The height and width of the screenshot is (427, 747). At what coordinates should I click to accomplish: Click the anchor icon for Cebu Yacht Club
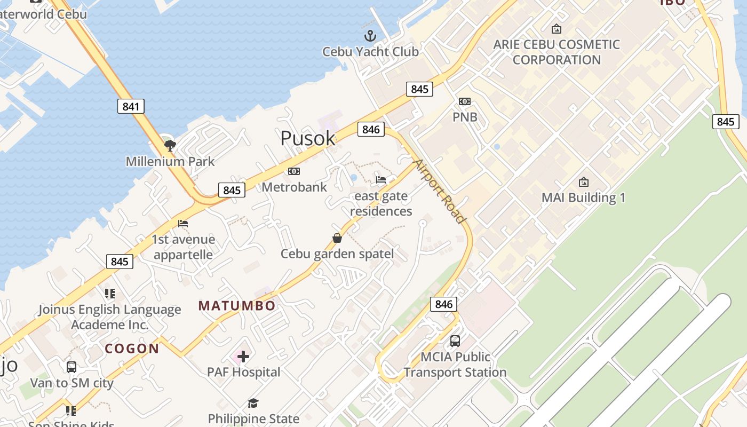click(370, 36)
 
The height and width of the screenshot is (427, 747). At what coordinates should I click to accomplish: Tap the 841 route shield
click(131, 106)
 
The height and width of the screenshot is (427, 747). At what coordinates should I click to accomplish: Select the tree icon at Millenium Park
click(170, 145)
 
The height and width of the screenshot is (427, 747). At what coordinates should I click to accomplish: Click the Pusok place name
click(308, 138)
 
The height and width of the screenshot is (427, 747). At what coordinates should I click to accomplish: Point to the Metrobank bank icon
click(294, 171)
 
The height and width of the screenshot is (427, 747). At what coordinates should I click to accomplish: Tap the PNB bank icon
click(465, 101)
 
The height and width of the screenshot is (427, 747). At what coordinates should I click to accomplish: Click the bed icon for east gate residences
click(381, 180)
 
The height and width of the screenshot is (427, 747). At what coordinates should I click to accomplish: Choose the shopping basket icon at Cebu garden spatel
click(337, 238)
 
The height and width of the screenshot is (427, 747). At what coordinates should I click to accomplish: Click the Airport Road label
click(441, 191)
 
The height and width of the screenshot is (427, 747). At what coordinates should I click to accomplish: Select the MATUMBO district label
click(237, 306)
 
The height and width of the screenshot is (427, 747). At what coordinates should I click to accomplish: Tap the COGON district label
click(132, 349)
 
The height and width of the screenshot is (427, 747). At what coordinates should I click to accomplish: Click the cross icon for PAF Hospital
click(243, 356)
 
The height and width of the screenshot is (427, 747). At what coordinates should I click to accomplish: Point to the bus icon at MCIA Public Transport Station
click(455, 341)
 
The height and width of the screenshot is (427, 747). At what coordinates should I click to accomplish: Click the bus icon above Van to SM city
click(71, 367)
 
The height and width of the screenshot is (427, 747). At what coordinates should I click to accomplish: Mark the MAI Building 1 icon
click(583, 182)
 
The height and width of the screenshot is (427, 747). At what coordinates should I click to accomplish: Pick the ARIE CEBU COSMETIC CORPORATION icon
click(557, 29)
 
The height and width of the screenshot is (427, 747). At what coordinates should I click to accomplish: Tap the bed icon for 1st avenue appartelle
click(183, 224)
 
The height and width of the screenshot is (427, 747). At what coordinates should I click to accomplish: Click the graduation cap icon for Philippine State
click(253, 404)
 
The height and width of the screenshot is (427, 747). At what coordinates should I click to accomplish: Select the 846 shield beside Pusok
click(371, 129)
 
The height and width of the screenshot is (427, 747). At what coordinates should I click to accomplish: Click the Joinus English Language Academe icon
click(110, 294)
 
